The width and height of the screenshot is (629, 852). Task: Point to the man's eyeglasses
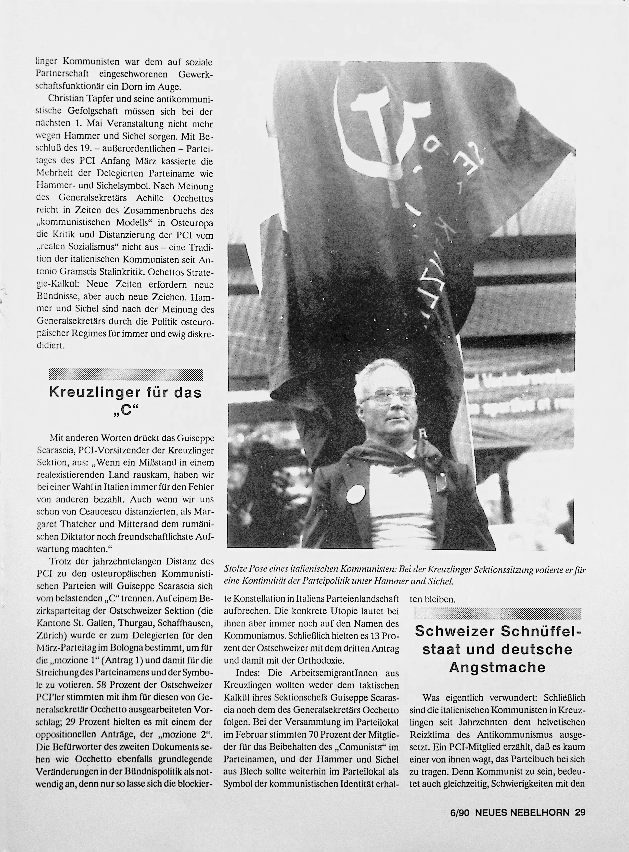[x=388, y=398]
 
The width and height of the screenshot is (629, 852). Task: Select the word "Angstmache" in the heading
[x=497, y=667]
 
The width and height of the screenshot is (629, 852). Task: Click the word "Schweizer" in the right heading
[x=455, y=631]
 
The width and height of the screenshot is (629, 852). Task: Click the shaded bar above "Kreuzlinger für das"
[x=126, y=375]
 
